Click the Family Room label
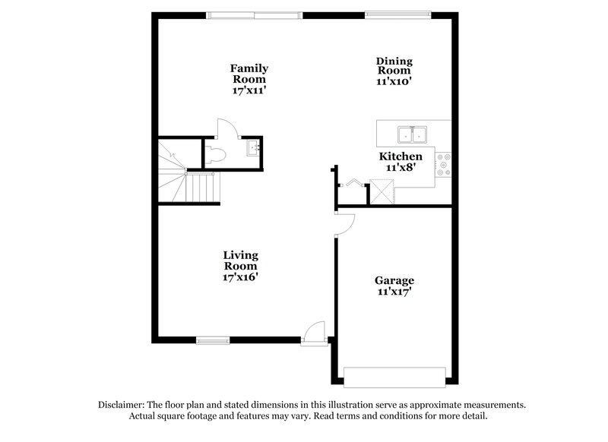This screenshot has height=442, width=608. [249, 74]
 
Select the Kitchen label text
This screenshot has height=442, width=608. [401, 156]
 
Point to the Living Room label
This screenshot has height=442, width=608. [240, 260]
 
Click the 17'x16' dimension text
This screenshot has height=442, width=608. [240, 278]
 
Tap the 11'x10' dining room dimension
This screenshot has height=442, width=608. [394, 81]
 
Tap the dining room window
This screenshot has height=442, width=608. [397, 13]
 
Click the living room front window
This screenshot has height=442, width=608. [213, 339]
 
